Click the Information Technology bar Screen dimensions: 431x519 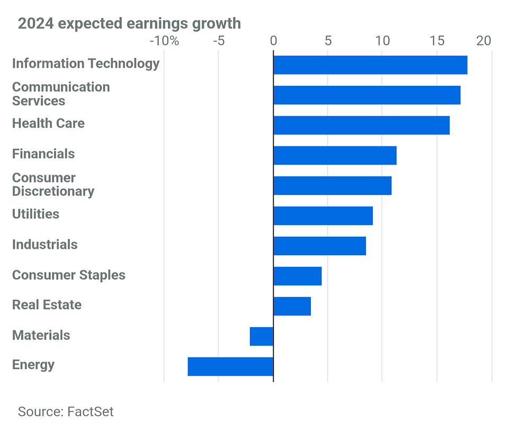[x=370, y=65]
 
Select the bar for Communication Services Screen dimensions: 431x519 [x=366, y=95]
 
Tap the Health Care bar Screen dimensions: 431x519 [x=361, y=125]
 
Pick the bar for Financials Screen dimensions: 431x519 [x=335, y=155]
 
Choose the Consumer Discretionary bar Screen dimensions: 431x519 [x=332, y=185]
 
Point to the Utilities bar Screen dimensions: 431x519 [x=323, y=215]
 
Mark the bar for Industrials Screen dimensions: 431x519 [x=319, y=246]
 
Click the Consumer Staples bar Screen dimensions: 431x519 [x=297, y=276]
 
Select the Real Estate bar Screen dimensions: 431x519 [x=292, y=306]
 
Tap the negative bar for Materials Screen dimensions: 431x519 [x=262, y=336]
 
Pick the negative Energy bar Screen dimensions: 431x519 [x=230, y=366]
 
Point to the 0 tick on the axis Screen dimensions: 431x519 [x=273, y=41]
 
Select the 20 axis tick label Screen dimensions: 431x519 [x=484, y=41]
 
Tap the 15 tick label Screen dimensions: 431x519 [x=436, y=41]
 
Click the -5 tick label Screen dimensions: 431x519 [x=219, y=41]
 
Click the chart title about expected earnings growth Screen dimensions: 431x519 [x=129, y=24]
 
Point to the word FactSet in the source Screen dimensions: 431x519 [x=90, y=411]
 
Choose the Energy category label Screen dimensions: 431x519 [x=33, y=365]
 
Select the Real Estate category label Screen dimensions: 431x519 [x=47, y=305]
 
